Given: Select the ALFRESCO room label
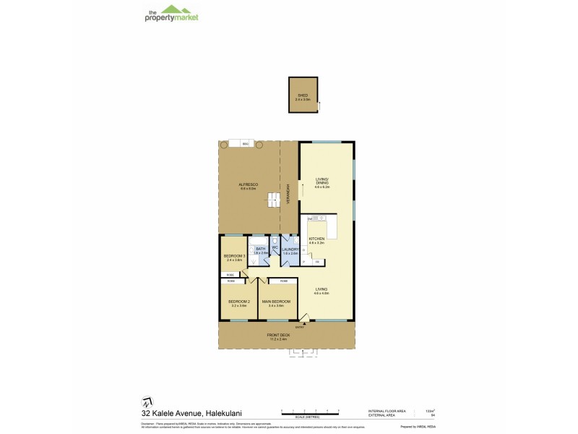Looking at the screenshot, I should [249, 185].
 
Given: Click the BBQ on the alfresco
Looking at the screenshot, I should [246, 145].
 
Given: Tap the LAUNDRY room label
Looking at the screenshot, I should [290, 250].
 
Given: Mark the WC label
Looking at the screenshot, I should [275, 249].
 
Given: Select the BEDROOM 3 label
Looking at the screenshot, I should [234, 256].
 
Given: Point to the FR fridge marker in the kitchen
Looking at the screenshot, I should [315, 261].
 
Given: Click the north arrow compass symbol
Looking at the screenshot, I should [147, 401].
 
